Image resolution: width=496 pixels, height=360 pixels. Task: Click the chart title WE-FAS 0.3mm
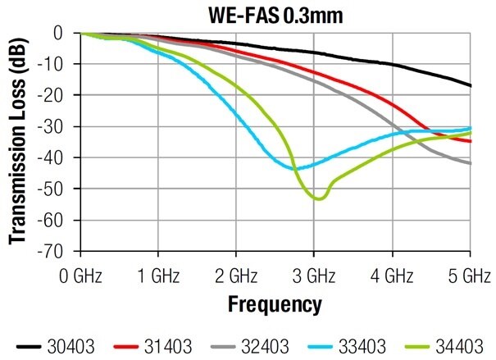(275, 14)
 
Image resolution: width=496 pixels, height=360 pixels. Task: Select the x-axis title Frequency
(275, 306)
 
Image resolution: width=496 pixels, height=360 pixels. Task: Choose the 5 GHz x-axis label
(470, 272)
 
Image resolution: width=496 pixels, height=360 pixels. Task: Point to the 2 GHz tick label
(236, 272)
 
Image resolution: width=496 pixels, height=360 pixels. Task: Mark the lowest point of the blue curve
(295, 169)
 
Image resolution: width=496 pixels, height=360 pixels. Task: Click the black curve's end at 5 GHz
(471, 85)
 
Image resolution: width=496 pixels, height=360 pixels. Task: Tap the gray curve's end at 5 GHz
(471, 163)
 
